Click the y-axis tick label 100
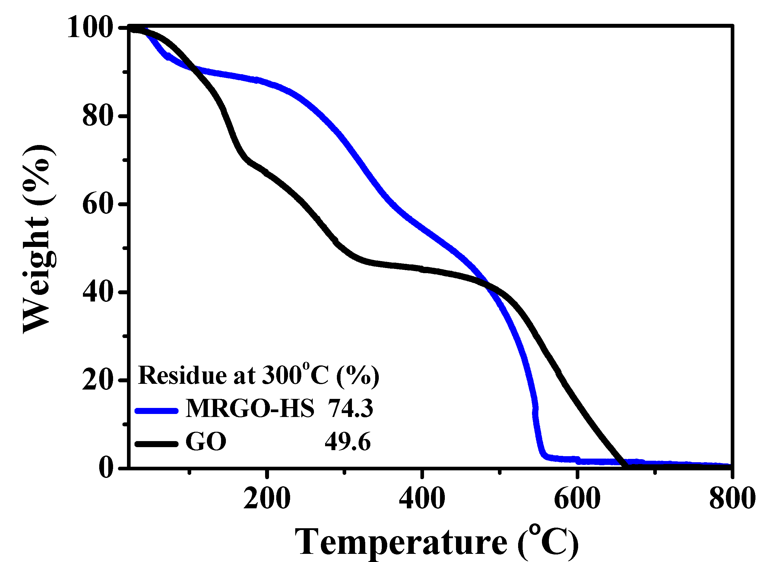pos(90,28)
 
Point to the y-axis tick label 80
pos(98,116)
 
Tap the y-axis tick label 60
pos(98,204)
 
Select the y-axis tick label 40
pos(98,292)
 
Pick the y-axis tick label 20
pos(98,380)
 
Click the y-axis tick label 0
pos(106,468)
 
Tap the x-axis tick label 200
pos(267,499)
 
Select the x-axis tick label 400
pos(422,499)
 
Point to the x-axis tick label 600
pos(577,499)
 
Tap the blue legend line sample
pos(157,411)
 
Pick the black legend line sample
pos(157,444)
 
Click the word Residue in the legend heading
pos(182,375)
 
